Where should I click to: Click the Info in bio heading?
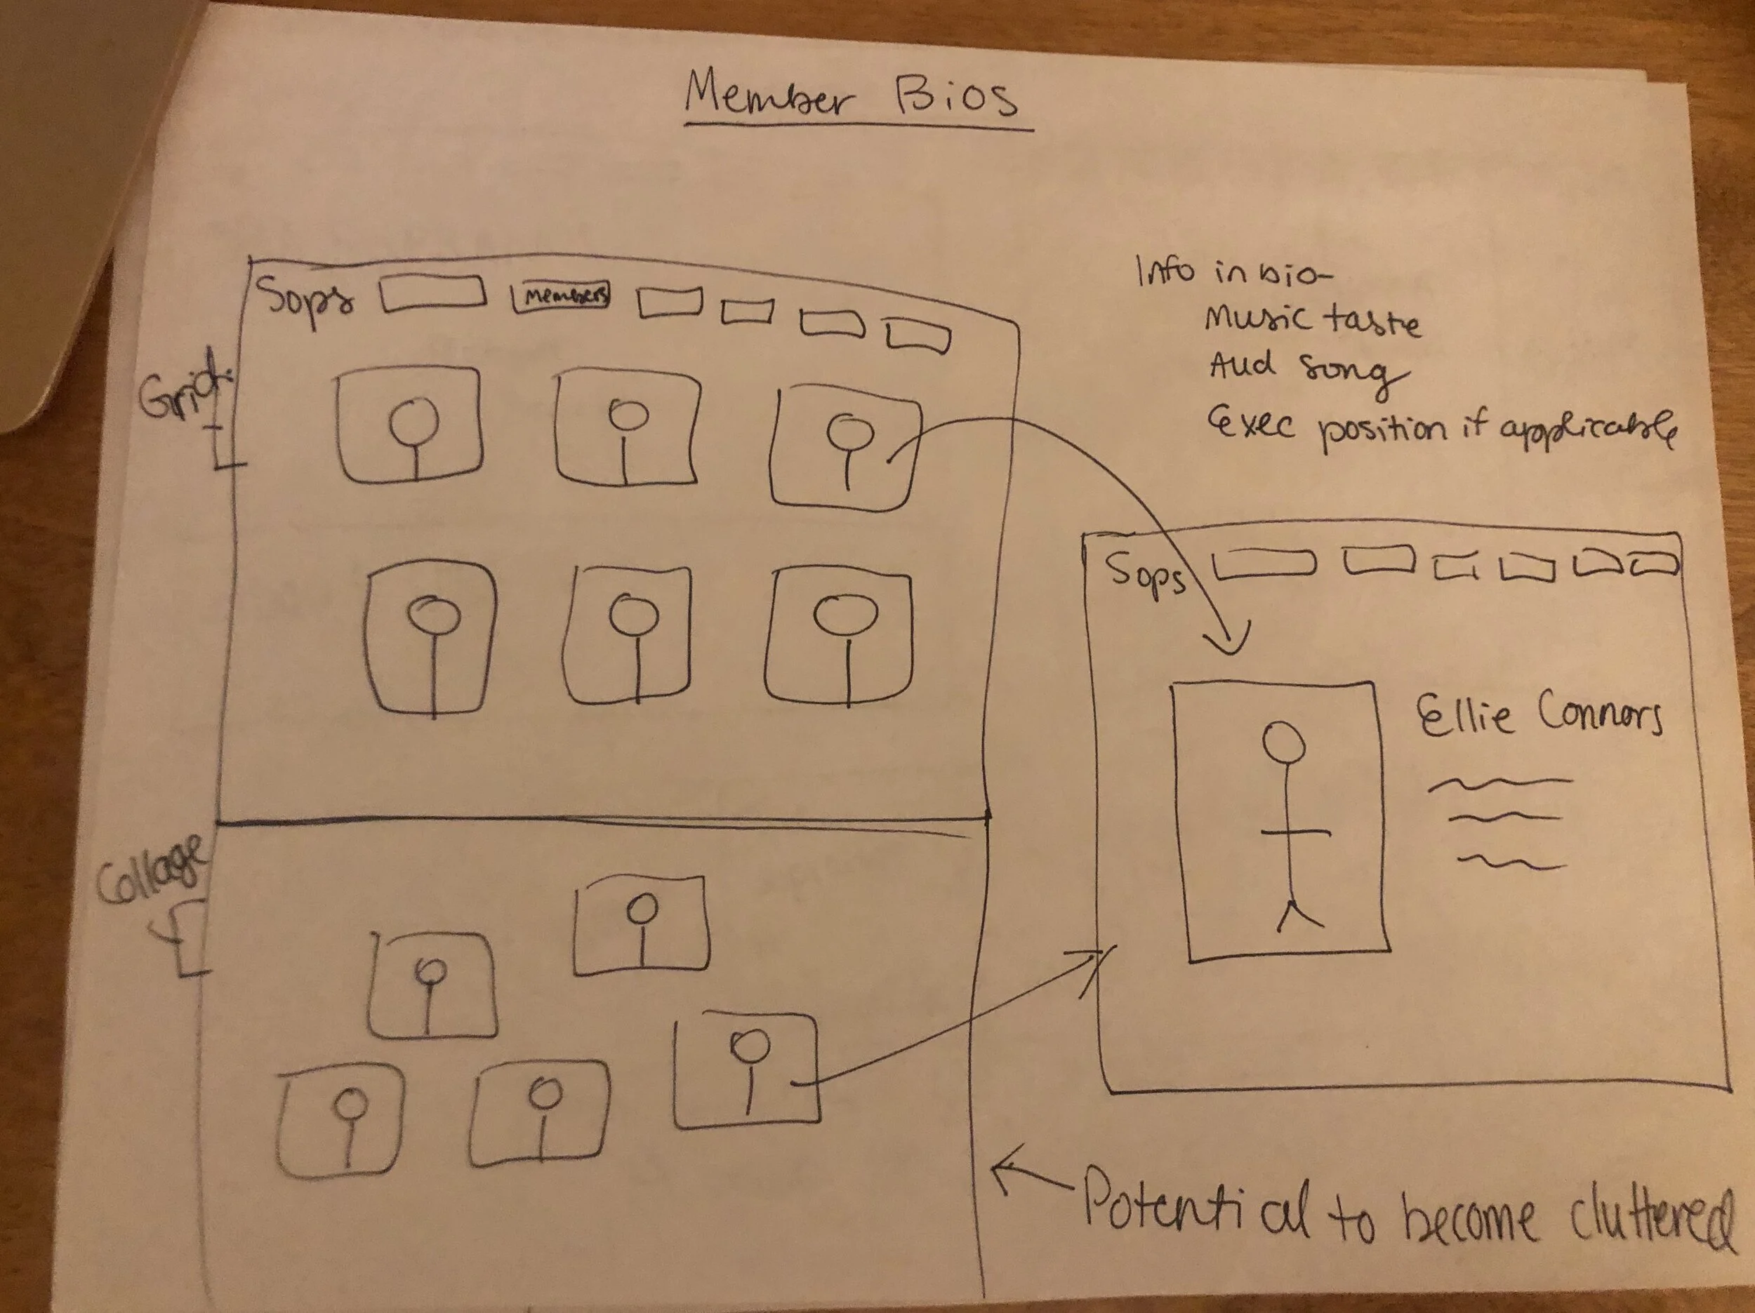click(x=1233, y=272)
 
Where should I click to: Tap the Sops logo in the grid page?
click(x=304, y=302)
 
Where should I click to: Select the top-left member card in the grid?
click(x=409, y=426)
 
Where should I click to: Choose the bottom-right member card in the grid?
click(x=840, y=636)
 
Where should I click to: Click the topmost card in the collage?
click(x=641, y=925)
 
